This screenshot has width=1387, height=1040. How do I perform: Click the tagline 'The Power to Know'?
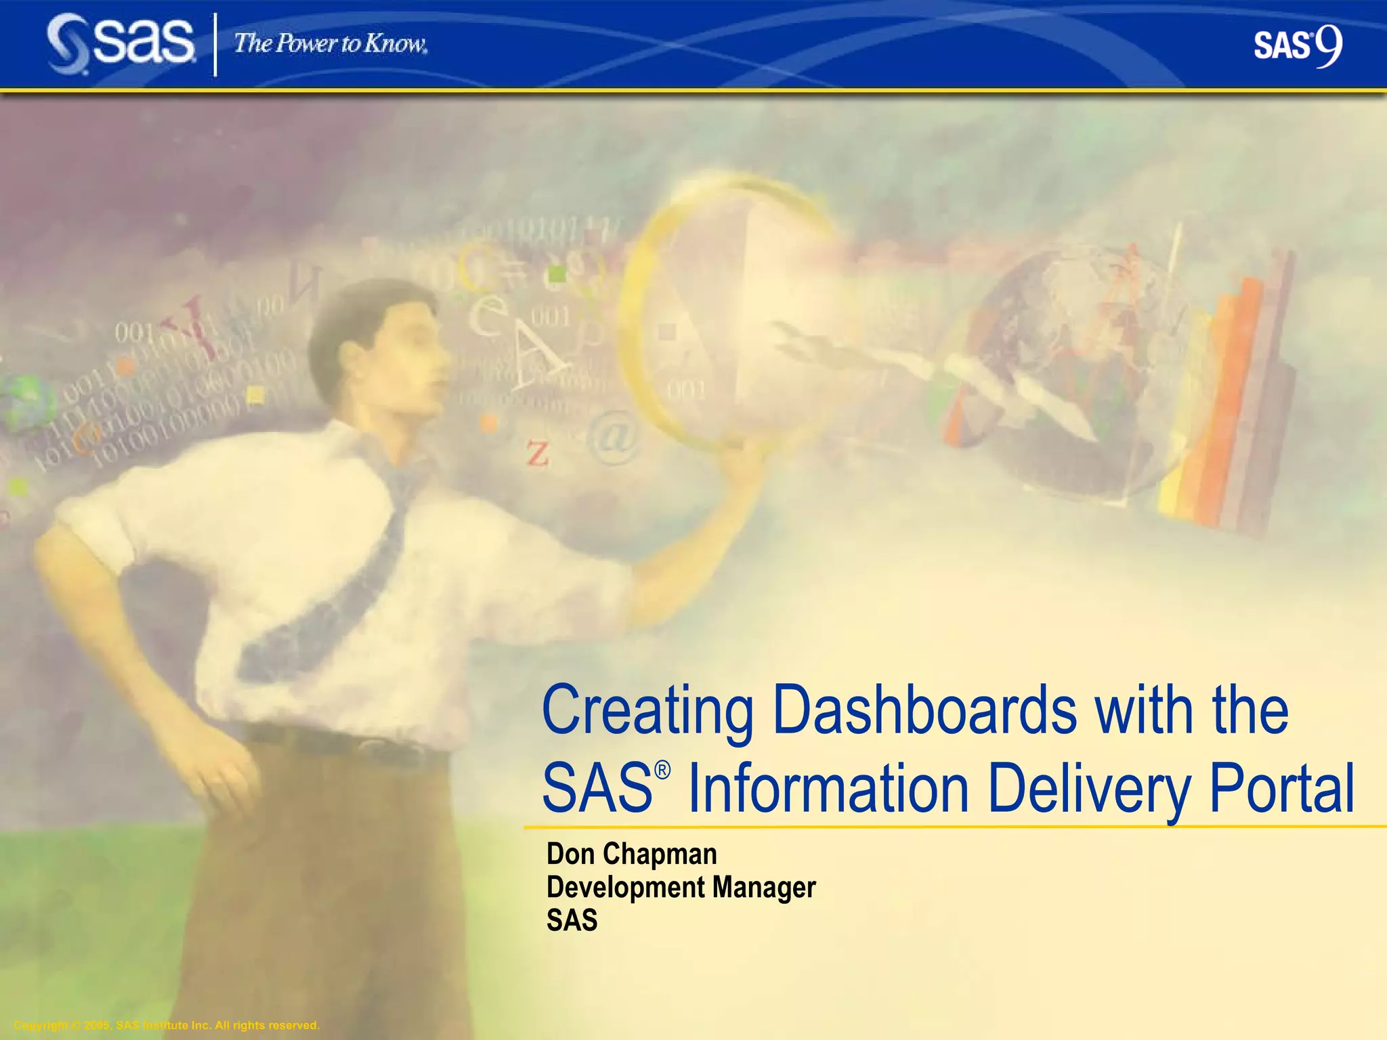coord(330,44)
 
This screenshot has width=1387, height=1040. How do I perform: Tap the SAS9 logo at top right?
coord(1297,46)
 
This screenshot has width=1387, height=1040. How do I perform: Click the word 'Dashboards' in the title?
coord(924,711)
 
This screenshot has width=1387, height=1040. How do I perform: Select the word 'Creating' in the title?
coord(648,711)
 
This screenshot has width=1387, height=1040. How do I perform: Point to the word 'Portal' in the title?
coord(1281,789)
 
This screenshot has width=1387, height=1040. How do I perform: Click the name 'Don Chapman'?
coord(631,854)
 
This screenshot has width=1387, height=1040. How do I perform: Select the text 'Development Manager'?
coord(681,888)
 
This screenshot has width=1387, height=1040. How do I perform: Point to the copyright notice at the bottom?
coord(167,1025)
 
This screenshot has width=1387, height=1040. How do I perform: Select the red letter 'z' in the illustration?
coord(537,454)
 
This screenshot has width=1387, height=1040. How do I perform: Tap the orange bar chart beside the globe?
coord(1226,406)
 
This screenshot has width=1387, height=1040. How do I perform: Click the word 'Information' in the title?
coord(828,789)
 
